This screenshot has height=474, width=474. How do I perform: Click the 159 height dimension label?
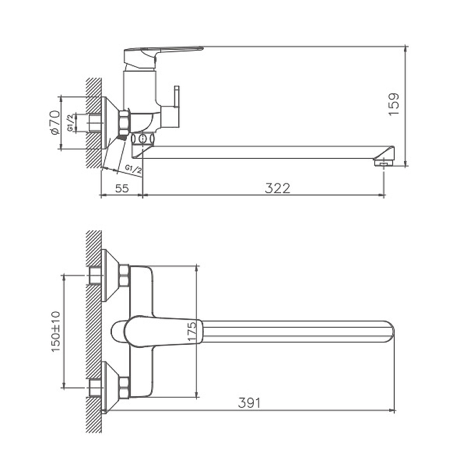394,104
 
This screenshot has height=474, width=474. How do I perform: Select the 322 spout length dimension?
277,188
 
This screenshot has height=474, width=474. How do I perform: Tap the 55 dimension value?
122,188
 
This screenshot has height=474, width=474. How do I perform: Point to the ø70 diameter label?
54,123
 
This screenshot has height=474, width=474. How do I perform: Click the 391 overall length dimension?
249,403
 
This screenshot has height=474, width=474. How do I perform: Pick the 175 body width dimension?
191,331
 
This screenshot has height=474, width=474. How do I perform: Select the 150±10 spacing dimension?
56,331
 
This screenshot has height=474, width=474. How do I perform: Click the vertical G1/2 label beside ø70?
70,123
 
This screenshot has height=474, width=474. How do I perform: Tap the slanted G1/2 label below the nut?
133,169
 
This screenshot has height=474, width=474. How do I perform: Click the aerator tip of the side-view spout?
384,164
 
